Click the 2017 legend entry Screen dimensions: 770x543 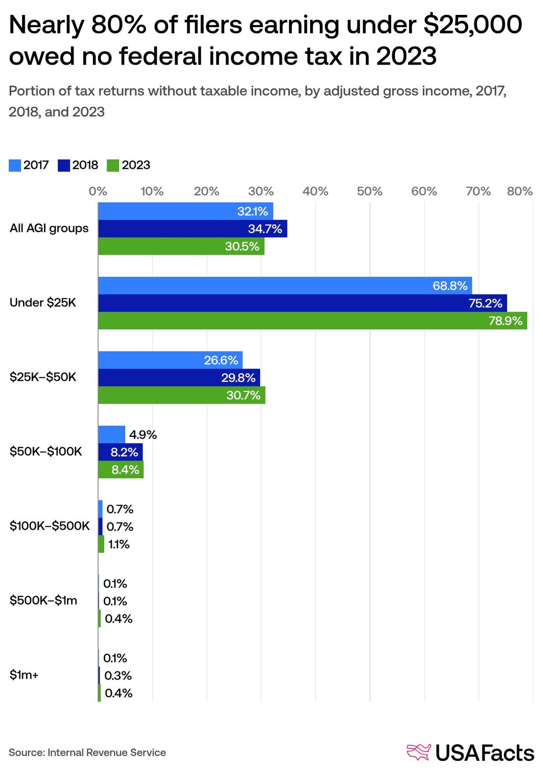[x=29, y=165]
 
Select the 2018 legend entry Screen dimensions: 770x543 [x=78, y=165]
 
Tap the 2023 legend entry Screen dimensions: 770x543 [x=128, y=165]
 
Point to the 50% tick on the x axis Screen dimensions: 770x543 [x=370, y=191]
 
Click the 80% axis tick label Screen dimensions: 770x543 [x=519, y=191]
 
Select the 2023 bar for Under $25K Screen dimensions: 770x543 [x=312, y=321]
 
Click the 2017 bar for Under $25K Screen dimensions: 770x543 [x=285, y=285]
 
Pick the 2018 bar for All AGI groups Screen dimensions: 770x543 [x=192, y=229]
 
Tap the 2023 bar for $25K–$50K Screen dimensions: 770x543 [x=182, y=395]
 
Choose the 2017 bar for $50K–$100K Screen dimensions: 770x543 [x=111, y=434]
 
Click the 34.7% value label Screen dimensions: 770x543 [x=265, y=229]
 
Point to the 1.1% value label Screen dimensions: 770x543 [x=119, y=544]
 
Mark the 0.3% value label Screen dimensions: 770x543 [x=118, y=676]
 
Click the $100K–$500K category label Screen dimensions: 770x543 [x=49, y=526]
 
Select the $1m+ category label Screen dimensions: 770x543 [x=24, y=675]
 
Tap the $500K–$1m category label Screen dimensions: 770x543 [x=43, y=601]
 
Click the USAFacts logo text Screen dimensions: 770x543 [x=484, y=753]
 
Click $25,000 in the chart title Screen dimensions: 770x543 [x=472, y=25]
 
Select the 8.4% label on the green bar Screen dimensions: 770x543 [x=125, y=470]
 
